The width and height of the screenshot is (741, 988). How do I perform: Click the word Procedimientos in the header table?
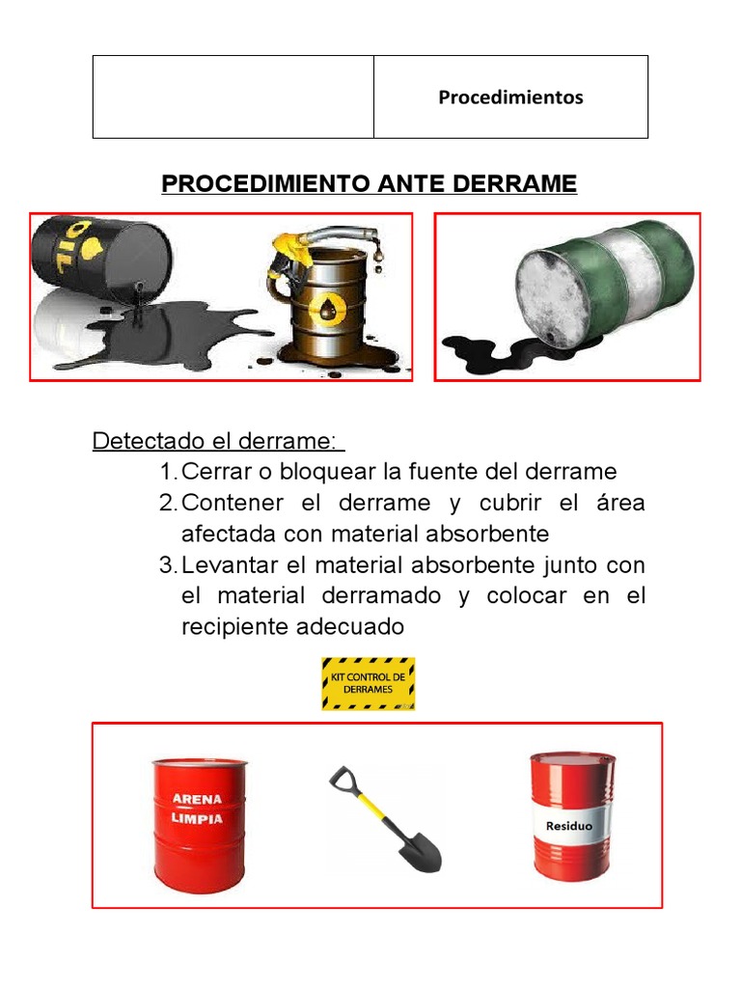[x=510, y=97]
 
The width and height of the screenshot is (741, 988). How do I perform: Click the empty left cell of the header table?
[x=233, y=96]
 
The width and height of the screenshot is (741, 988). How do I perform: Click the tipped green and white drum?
[x=603, y=283]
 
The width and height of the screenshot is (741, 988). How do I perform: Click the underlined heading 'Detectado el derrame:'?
[x=217, y=441]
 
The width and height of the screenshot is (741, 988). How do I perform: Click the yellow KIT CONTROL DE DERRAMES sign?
[x=368, y=683]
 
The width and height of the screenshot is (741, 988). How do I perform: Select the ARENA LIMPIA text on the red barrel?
[x=197, y=809]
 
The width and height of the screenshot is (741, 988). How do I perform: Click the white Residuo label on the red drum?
[x=569, y=827]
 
